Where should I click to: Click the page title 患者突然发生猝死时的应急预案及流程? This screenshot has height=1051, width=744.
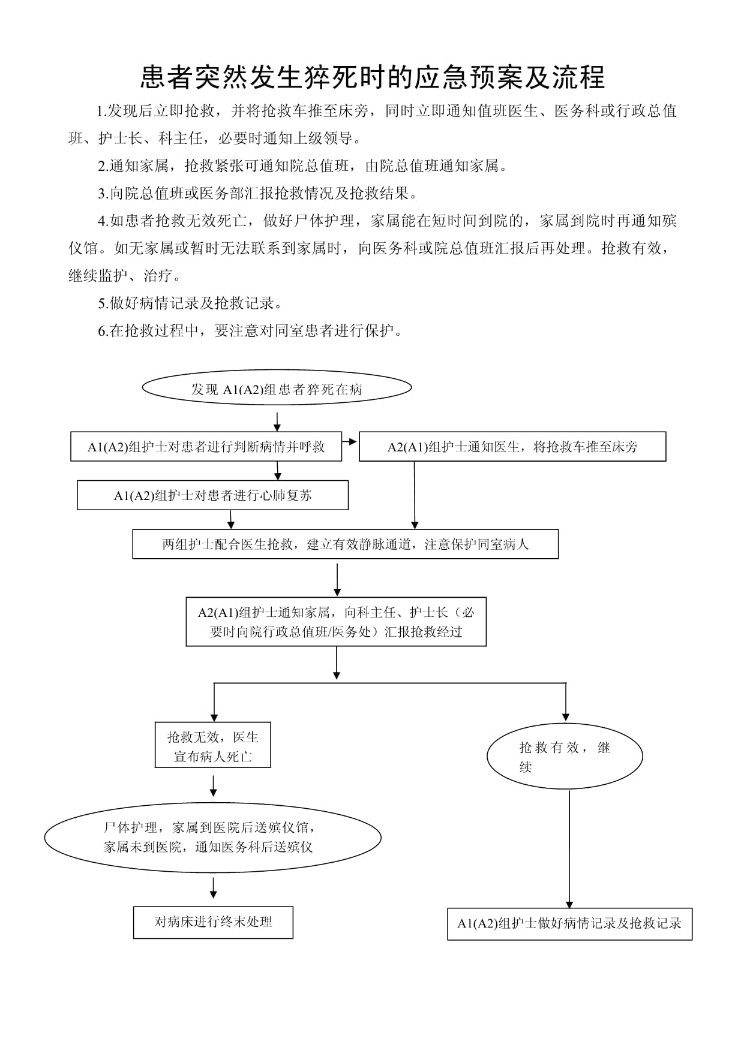pos(373,77)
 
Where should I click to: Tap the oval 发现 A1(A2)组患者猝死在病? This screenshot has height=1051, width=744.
pos(277,387)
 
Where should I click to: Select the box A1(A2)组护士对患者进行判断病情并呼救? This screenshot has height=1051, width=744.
pos(206,447)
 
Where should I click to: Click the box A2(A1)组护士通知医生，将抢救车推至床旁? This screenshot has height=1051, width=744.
pos(512,447)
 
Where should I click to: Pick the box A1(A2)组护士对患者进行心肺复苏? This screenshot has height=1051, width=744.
pos(212,495)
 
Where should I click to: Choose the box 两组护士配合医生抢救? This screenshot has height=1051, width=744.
pos(345,544)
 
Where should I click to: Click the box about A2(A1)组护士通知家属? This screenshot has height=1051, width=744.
pos(336,622)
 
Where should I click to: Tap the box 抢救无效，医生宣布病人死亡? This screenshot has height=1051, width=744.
pos(212,745)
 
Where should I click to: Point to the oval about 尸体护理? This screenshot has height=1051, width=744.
pos(212,837)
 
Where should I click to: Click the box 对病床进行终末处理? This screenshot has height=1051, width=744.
pos(213,922)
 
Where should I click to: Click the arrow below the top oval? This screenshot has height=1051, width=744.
pos(277,421)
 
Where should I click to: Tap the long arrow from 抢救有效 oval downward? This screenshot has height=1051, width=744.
pos(569,849)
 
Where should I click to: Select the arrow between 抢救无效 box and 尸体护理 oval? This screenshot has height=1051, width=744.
pos(214,787)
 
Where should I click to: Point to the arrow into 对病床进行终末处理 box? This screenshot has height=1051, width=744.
pos(214,888)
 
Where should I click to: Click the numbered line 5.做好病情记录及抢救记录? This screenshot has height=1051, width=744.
pos(190,303)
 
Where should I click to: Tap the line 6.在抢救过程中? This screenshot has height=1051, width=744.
pos(250,331)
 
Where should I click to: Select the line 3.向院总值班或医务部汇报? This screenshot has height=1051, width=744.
pos(258,194)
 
